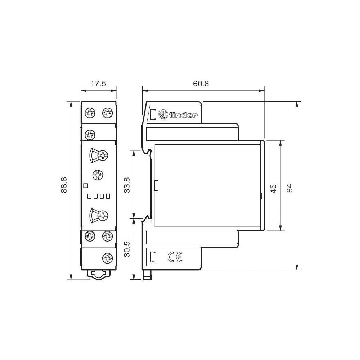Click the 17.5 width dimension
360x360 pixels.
pyautogui.click(x=98, y=84)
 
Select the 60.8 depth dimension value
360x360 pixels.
pyautogui.click(x=201, y=84)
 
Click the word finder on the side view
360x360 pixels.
pyautogui.click(x=184, y=115)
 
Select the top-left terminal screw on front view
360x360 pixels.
pyautogui.click(x=90, y=113)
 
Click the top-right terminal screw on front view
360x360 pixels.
pyautogui.click(x=107, y=113)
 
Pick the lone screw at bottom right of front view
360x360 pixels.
pyautogui.click(x=107, y=257)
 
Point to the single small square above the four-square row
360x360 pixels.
pyautogui.click(x=86, y=186)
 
